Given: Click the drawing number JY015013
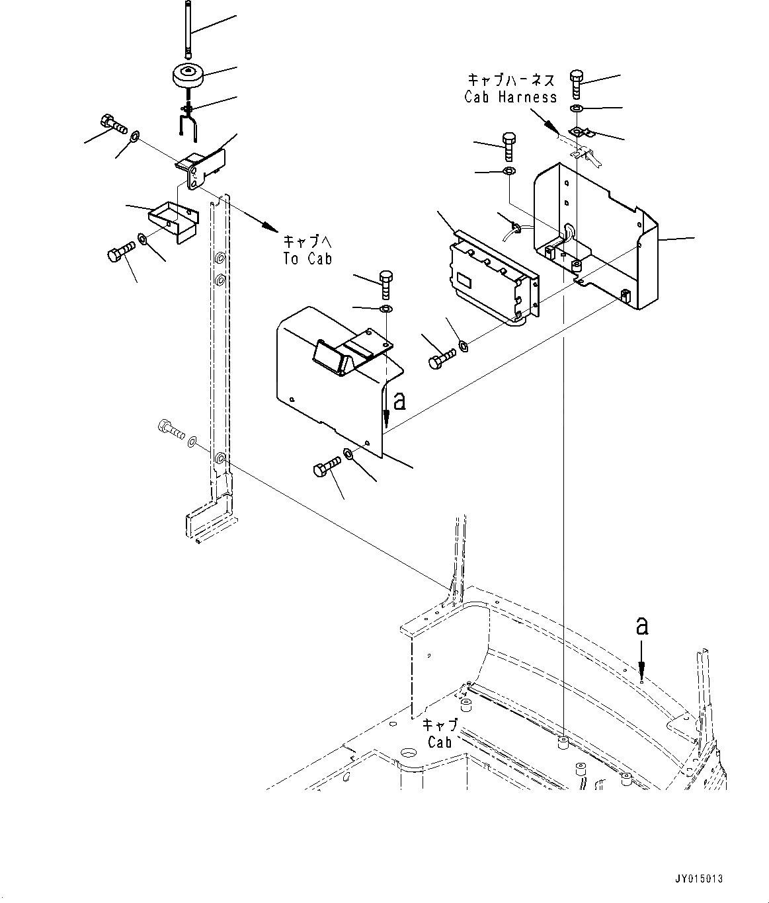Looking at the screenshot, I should coord(698,879).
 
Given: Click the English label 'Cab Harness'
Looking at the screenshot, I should coord(510,97).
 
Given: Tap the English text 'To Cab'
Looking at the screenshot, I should coord(307,258).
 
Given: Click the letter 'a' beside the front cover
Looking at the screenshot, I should coord(399,400).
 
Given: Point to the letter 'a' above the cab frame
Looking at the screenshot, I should coord(641,625).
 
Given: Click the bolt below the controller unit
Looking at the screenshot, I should coord(440,358).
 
